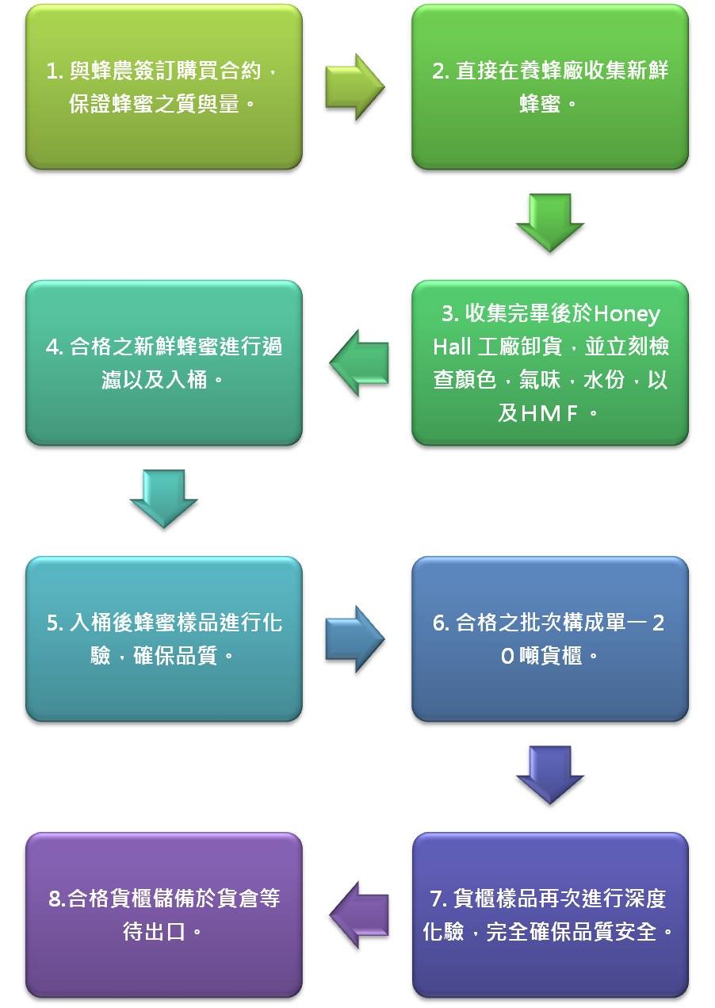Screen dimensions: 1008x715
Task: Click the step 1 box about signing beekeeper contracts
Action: (164, 87)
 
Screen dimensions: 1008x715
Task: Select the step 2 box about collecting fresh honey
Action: (549, 87)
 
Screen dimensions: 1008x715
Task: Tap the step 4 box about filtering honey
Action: (164, 362)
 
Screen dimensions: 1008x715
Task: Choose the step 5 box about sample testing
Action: (164, 638)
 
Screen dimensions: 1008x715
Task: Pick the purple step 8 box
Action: (164, 914)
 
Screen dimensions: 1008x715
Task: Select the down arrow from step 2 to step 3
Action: (549, 223)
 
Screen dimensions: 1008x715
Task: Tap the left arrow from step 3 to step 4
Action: (359, 363)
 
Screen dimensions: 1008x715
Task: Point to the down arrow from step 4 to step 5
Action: (163, 498)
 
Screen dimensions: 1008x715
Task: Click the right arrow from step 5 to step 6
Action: (354, 638)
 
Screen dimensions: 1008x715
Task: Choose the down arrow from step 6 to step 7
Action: (549, 775)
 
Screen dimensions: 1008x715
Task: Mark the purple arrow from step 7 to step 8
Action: (359, 914)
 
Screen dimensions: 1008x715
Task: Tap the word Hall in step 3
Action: (453, 347)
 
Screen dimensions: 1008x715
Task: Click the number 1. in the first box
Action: (55, 71)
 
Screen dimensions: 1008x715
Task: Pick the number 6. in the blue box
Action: (442, 623)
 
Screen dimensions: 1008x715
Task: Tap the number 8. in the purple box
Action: (56, 899)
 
